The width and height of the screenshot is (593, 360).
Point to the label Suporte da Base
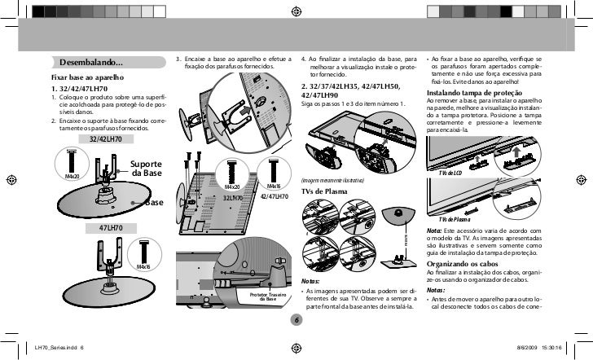click(147, 169)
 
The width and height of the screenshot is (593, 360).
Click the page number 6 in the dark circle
click(297, 319)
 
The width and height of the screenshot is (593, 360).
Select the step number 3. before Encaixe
click(178, 59)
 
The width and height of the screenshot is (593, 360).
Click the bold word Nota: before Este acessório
click(435, 230)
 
